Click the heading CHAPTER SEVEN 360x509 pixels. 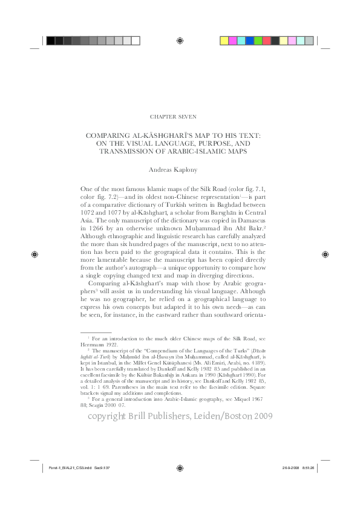tap(180, 115)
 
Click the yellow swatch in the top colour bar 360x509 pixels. tap(224, 41)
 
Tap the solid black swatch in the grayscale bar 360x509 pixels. tap(51, 41)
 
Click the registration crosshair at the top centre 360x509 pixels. tap(180, 41)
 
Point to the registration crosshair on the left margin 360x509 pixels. tap(34, 254)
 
